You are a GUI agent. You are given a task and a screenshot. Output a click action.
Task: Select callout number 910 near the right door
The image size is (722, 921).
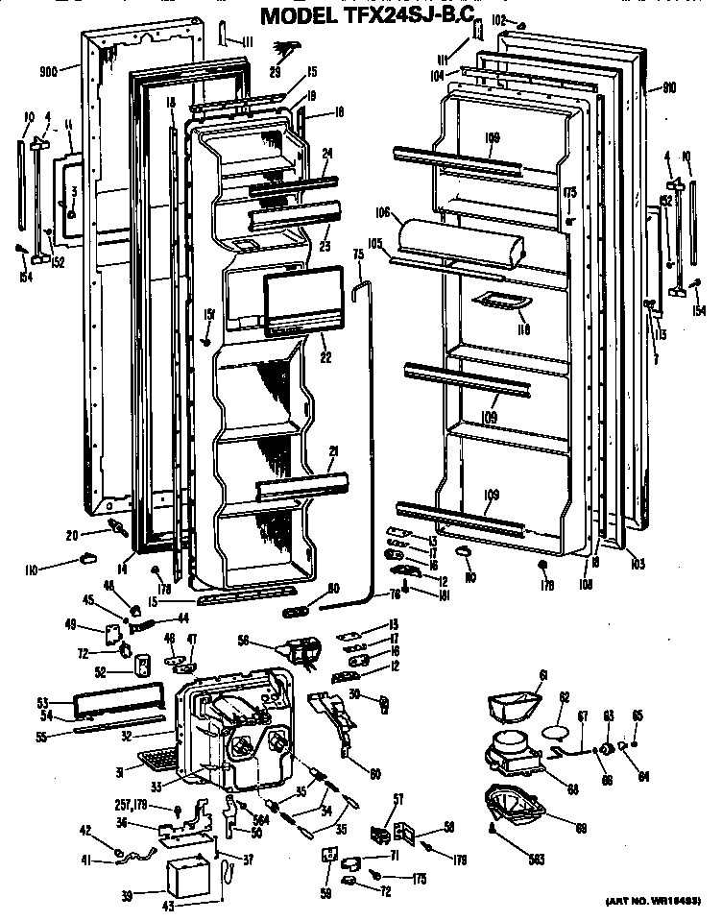pos(668,87)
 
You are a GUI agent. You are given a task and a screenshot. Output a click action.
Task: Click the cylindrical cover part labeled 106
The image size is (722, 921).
pos(461,243)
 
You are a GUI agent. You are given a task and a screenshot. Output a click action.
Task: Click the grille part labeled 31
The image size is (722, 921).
pos(158,761)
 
